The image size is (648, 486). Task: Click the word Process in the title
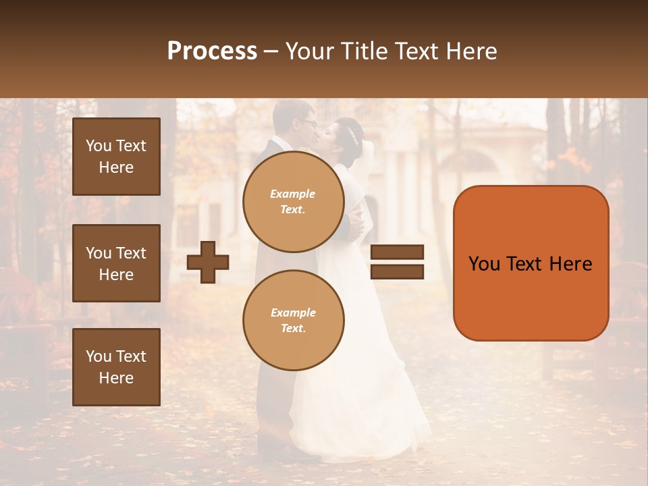click(x=212, y=51)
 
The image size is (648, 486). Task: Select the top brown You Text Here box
click(x=116, y=157)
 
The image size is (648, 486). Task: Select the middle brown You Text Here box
click(x=116, y=263)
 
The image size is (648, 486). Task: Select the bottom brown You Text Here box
click(x=116, y=367)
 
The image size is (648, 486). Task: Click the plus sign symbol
click(x=208, y=262)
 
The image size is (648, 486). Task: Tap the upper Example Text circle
click(x=293, y=202)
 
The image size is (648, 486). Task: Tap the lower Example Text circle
click(x=293, y=321)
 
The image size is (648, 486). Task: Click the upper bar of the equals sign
click(x=397, y=252)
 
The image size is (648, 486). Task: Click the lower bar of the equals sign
click(x=397, y=271)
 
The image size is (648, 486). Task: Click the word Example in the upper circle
click(x=293, y=194)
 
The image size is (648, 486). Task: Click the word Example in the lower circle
click(x=293, y=313)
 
